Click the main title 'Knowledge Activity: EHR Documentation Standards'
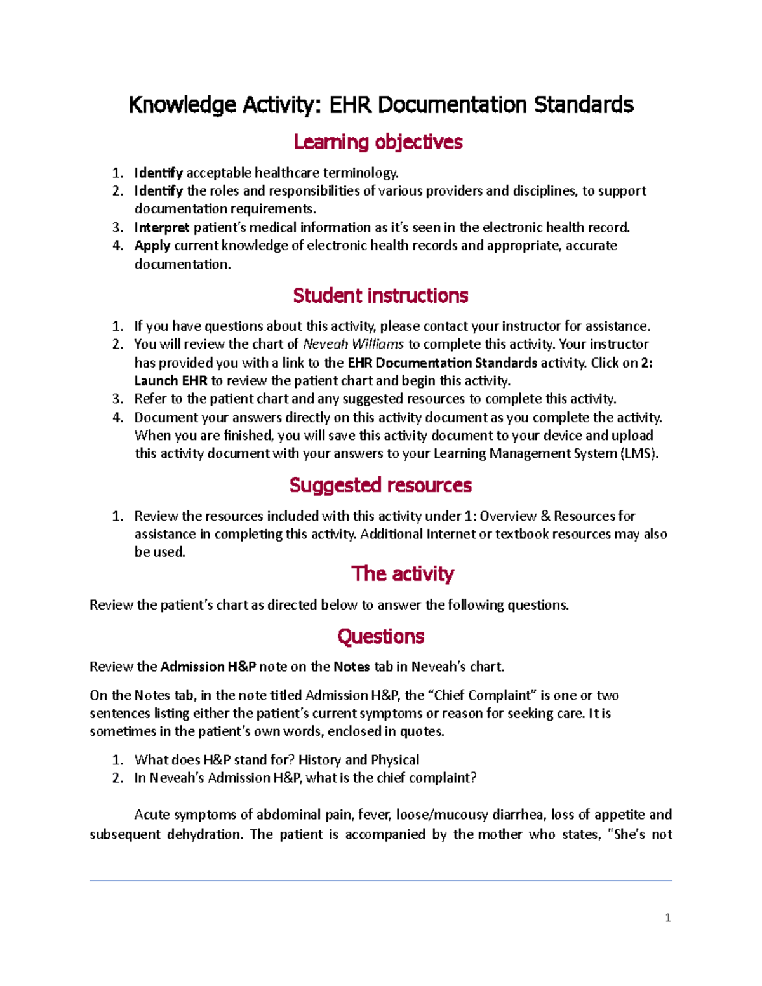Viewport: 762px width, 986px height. (x=381, y=105)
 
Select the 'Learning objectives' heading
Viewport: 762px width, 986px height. (x=378, y=142)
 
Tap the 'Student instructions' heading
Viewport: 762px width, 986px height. (x=380, y=296)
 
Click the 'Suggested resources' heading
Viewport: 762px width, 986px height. (x=380, y=485)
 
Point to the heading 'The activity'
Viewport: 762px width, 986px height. (x=403, y=574)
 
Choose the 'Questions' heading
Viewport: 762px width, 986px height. (x=380, y=636)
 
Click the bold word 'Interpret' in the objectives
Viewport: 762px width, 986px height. (x=161, y=227)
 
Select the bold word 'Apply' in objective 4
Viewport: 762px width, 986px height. (x=152, y=246)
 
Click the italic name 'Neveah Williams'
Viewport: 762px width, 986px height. (x=353, y=344)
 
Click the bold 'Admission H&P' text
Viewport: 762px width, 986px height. (x=208, y=667)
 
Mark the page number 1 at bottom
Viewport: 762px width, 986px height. (x=667, y=917)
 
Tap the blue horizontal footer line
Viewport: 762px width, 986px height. (x=380, y=881)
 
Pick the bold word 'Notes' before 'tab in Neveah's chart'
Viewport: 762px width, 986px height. (x=351, y=667)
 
